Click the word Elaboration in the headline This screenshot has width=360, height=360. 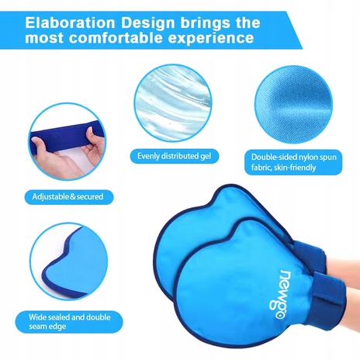[70, 22]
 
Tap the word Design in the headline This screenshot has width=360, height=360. [148, 23]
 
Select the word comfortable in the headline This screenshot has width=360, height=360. [116, 38]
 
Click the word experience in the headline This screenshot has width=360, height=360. [211, 39]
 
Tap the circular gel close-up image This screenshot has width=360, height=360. [173, 102]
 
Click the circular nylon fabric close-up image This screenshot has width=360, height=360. [293, 105]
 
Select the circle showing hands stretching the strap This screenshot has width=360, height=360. [67, 142]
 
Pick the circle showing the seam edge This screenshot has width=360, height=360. [69, 261]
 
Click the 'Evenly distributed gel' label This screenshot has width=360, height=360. [175, 156]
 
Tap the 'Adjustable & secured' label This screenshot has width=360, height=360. [69, 197]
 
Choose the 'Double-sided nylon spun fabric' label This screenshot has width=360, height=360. [293, 162]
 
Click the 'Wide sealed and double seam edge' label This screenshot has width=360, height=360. [69, 322]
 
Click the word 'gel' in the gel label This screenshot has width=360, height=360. [206, 157]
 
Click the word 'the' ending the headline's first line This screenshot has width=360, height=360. [247, 22]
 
